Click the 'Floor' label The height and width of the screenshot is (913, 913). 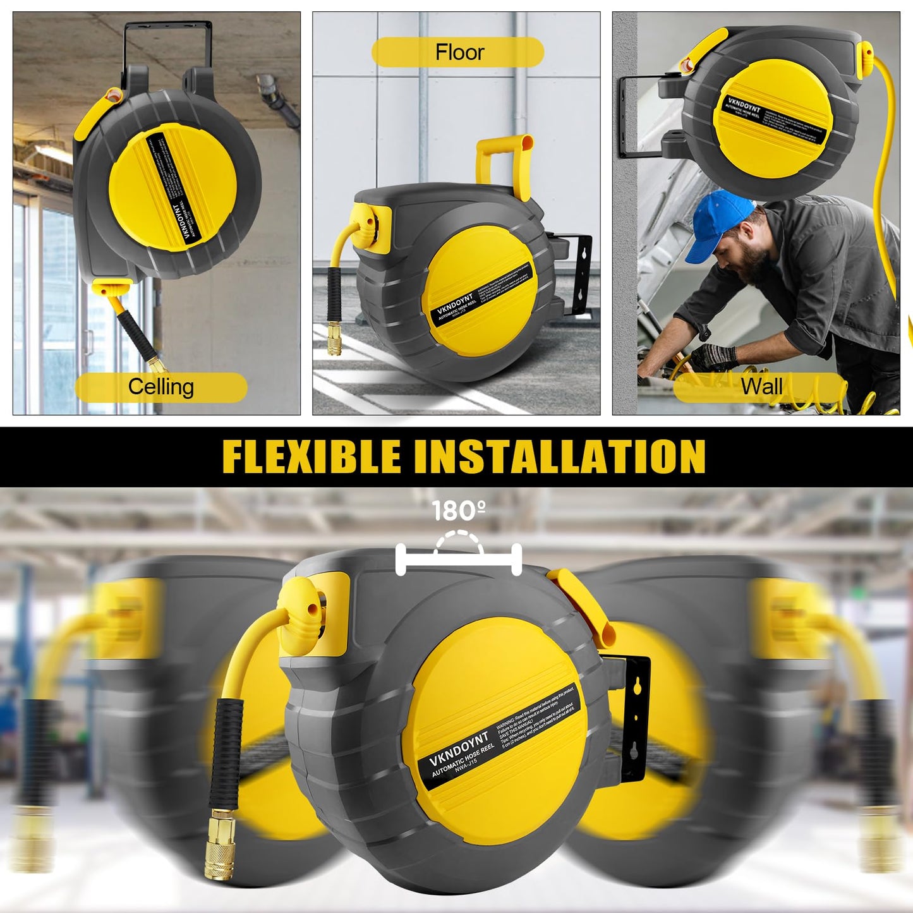pyautogui.click(x=459, y=52)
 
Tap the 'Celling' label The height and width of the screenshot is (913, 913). pyautogui.click(x=160, y=387)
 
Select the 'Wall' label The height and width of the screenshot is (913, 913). pyautogui.click(x=761, y=385)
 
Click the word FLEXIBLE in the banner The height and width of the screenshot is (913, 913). pyautogui.click(x=311, y=456)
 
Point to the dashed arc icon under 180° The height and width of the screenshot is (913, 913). pyautogui.click(x=459, y=543)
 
